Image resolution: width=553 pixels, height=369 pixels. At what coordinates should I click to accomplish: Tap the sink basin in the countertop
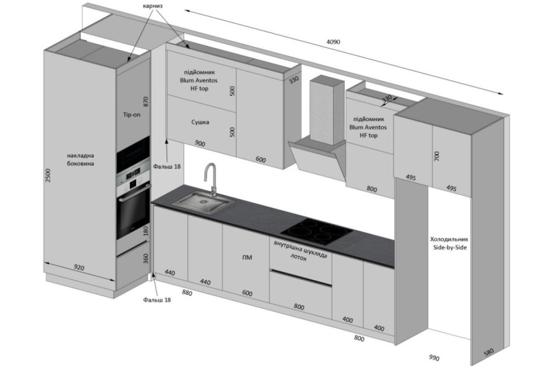pos(203,202)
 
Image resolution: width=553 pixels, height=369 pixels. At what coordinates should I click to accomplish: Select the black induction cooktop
pos(317,231)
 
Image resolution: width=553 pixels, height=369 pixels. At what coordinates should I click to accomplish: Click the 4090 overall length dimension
pos(333,42)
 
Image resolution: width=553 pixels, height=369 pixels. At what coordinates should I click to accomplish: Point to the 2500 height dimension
pos(48,175)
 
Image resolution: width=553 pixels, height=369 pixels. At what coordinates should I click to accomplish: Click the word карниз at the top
pos(153,6)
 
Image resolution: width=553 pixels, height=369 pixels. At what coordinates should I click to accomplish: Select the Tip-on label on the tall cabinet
pos(132,115)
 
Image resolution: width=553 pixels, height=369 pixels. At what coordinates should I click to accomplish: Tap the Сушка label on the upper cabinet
pos(200,122)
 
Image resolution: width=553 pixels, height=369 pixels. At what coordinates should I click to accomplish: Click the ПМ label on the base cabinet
pos(247,257)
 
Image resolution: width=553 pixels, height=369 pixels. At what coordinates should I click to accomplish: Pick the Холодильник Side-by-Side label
pos(449,243)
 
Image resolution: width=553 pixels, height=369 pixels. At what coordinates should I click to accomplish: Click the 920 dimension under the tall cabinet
pos(79,268)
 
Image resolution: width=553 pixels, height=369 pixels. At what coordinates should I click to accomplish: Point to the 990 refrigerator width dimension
pos(434,357)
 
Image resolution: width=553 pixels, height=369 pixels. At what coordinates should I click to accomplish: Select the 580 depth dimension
pos(488,352)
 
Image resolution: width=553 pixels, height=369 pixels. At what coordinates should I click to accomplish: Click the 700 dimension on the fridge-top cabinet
pos(436,156)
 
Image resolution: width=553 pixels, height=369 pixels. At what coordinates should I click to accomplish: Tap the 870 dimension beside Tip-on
pos(146,101)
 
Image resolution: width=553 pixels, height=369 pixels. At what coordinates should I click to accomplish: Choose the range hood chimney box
pos(327,110)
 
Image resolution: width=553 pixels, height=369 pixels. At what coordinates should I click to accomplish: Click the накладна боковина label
pos(81,160)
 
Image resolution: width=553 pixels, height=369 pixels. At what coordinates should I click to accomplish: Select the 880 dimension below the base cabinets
pos(187,293)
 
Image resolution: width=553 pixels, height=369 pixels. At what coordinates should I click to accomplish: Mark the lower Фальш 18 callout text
pos(157,300)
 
